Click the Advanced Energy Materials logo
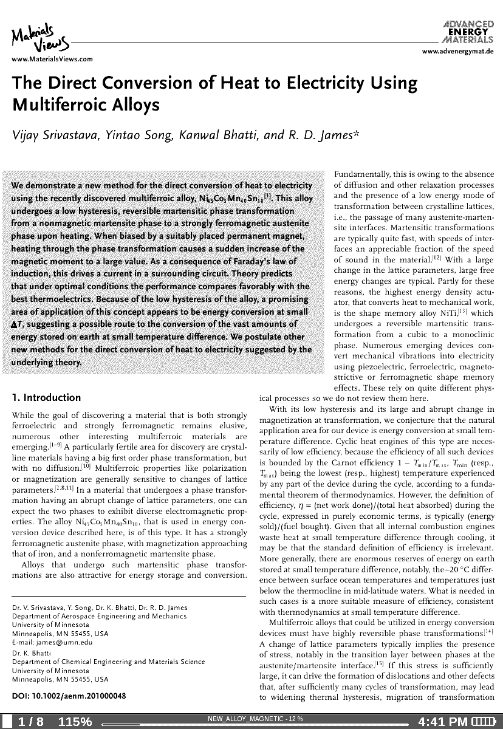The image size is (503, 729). (x=469, y=30)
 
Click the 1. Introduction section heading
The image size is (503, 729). (x=47, y=398)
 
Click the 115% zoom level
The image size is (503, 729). (x=75, y=722)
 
